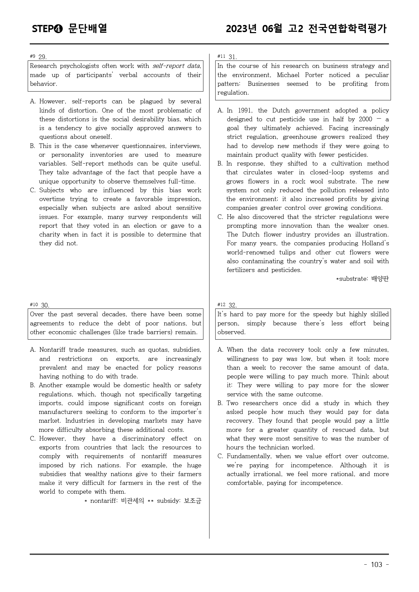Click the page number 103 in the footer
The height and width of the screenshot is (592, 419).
(x=376, y=565)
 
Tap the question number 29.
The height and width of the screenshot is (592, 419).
(x=43, y=57)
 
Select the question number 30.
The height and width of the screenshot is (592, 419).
(x=45, y=305)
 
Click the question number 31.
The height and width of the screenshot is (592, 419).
(x=233, y=57)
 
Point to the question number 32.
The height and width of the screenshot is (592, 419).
(x=233, y=305)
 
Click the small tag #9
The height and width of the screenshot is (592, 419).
(x=32, y=56)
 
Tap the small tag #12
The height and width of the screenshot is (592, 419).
(x=221, y=305)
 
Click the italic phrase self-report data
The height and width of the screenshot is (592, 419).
(x=176, y=66)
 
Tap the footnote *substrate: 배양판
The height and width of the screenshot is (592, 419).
(x=362, y=279)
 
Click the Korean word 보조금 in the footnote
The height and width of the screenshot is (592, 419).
(x=193, y=501)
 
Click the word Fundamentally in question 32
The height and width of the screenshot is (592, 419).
(x=249, y=456)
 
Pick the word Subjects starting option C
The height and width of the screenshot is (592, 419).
(x=51, y=190)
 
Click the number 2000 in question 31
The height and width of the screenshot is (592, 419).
(x=365, y=119)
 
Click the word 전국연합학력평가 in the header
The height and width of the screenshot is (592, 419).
(x=347, y=29)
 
